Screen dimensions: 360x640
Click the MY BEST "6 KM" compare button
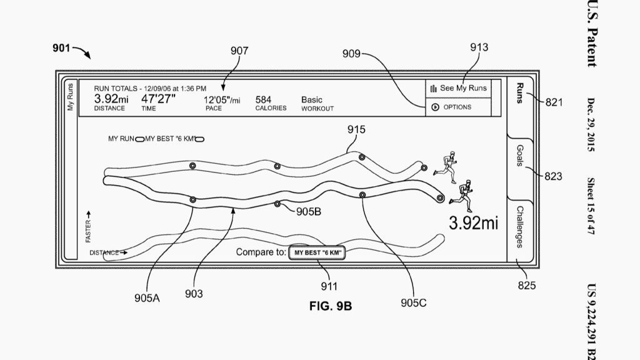(x=317, y=253)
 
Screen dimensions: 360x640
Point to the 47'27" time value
(x=158, y=99)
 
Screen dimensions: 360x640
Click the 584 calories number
(x=263, y=99)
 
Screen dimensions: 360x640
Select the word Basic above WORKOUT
(x=312, y=99)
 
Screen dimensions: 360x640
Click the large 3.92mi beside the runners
(x=473, y=223)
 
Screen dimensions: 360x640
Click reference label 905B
(x=308, y=212)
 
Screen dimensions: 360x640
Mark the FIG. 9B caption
(x=331, y=307)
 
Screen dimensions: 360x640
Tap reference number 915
(x=357, y=129)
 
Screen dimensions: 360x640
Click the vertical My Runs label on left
(x=70, y=97)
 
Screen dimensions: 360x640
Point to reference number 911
(x=329, y=286)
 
